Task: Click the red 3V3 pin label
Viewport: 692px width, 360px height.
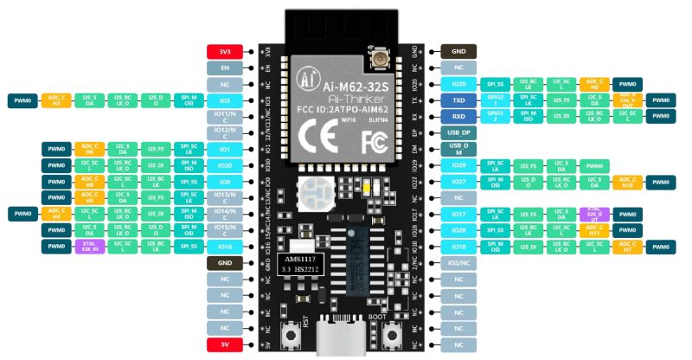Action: (223, 52)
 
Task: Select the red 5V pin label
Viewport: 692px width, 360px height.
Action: (223, 345)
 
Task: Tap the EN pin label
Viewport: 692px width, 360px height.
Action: (223, 67)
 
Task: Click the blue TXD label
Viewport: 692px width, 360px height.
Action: (458, 100)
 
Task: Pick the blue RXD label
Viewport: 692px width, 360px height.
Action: (458, 116)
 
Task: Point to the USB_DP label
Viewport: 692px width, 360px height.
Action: (458, 132)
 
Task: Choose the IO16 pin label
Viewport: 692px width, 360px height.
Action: (223, 247)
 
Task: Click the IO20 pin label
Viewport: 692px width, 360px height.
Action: (458, 84)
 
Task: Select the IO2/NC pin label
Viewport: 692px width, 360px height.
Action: (458, 263)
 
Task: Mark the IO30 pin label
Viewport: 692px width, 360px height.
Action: (223, 165)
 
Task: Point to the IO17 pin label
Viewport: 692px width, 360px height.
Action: (458, 214)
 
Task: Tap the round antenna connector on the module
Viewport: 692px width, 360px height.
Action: (378, 61)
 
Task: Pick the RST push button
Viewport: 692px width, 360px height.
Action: (291, 336)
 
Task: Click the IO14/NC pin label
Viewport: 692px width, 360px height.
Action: (223, 214)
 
